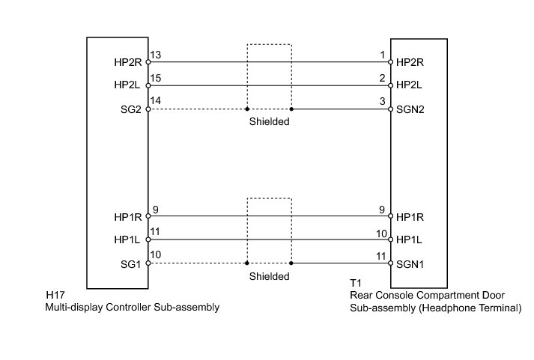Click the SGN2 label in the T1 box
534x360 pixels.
coord(410,110)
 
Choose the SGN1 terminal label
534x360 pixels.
coord(410,264)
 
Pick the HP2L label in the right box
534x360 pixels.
coord(410,87)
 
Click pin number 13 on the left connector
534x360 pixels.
coord(155,55)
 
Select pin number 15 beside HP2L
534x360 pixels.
coord(155,79)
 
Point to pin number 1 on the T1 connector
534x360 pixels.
coord(383,55)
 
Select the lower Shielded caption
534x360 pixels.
coord(269,275)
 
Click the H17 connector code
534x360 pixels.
coord(53,295)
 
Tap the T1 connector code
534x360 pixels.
coord(355,284)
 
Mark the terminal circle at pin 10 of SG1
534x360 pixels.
coord(148,263)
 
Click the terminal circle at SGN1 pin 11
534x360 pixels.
coord(391,263)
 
